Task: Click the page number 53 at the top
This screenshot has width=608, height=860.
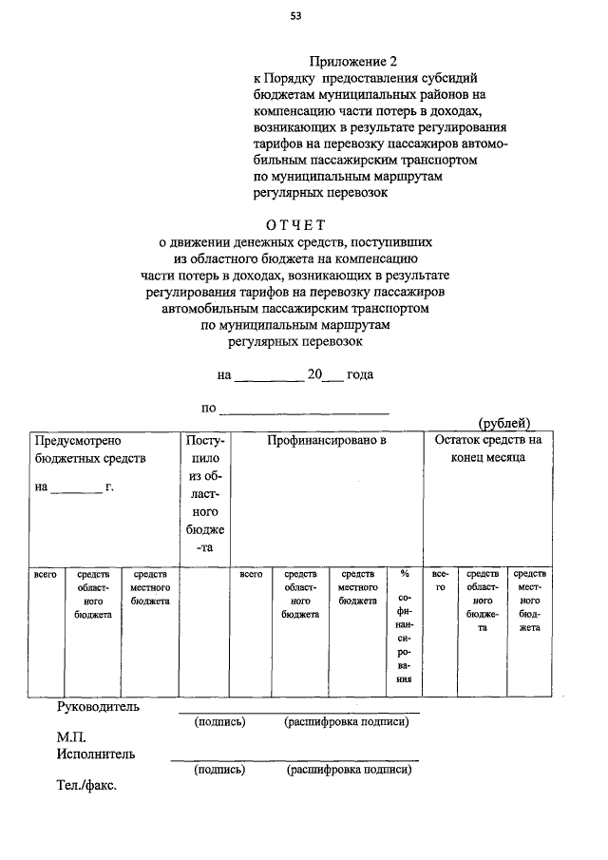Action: point(296,16)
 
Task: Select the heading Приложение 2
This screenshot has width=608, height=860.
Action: point(350,62)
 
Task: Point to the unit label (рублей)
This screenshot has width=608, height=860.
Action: point(503,423)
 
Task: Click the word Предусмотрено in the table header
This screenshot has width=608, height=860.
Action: point(78,441)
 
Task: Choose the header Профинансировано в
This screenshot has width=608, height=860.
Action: point(326,441)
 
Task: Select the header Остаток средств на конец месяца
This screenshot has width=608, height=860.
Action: point(487,449)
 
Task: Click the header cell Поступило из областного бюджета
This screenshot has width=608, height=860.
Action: point(205,494)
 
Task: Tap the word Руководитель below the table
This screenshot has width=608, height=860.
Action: point(99,706)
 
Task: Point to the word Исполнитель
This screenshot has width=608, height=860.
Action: point(95,755)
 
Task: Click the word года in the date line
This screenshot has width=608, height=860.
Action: point(360,374)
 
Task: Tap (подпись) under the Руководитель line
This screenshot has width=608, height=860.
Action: point(219,722)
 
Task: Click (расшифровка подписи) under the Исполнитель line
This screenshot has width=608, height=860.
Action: point(349,771)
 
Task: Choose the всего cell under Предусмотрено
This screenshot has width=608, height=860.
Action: point(44,574)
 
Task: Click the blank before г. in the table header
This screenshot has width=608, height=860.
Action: point(76,488)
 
